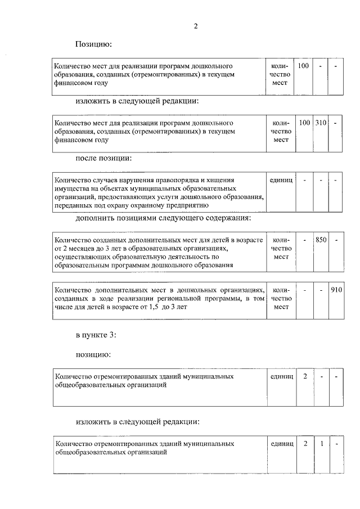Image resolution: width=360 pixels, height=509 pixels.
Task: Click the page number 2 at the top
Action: point(195,26)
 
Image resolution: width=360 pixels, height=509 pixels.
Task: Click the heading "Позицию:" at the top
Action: point(94,44)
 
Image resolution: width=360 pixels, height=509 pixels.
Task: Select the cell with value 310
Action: point(321,123)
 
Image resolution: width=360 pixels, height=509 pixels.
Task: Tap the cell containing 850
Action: point(321,240)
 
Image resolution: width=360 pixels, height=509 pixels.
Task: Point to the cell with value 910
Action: point(336,290)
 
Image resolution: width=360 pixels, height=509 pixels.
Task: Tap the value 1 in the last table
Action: point(321,443)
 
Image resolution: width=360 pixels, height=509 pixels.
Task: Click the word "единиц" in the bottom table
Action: point(281,443)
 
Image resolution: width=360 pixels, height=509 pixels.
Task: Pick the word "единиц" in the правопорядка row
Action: point(281,180)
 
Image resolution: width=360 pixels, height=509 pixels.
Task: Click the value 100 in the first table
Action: point(303,66)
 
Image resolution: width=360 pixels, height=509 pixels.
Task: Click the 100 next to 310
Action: point(304,123)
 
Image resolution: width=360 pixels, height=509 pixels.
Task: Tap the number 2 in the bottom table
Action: point(305,443)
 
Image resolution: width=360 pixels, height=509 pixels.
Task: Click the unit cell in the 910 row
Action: point(281,299)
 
